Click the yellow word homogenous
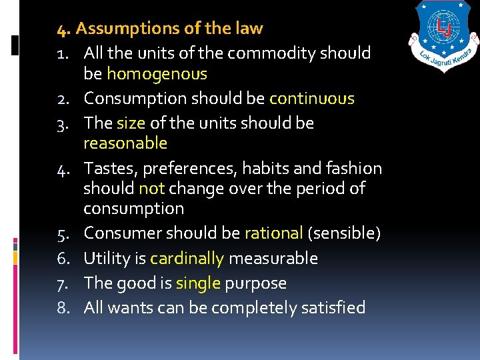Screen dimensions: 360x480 (157, 74)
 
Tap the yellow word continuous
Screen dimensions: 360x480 (311, 99)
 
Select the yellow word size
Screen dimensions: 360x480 (131, 123)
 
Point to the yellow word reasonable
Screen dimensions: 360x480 (125, 143)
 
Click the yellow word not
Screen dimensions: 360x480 (151, 188)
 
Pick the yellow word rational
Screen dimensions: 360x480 (273, 233)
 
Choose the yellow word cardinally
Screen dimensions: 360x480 (187, 258)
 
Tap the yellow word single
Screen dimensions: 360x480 (197, 283)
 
